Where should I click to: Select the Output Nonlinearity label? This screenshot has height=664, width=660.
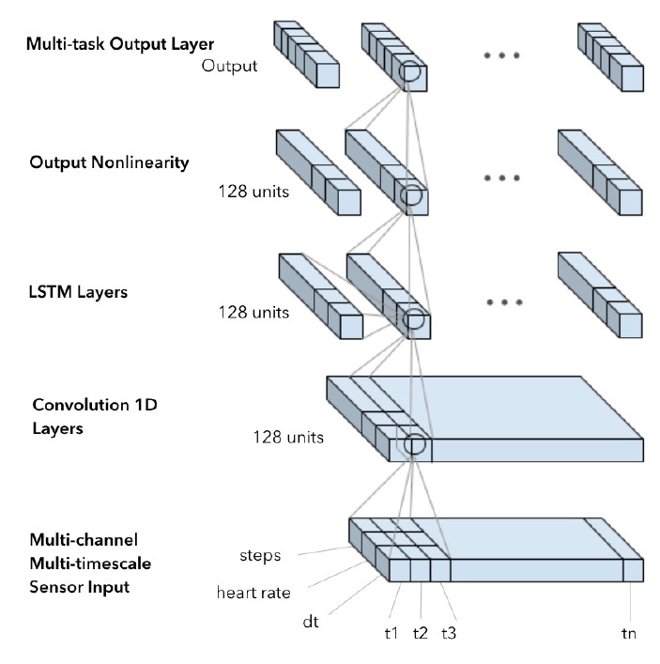[x=109, y=162]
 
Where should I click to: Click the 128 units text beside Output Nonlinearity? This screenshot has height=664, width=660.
[x=252, y=192]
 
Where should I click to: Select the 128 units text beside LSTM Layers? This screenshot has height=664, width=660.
[x=252, y=311]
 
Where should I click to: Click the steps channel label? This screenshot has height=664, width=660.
[x=260, y=555]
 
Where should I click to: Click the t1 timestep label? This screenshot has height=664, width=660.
[x=391, y=632]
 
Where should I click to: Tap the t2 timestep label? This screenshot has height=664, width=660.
[x=420, y=632]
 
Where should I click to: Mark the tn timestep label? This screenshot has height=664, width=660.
[x=628, y=632]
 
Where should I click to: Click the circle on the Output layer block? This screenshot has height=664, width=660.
[x=409, y=72]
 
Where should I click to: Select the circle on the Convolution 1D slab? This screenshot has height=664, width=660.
[x=414, y=446]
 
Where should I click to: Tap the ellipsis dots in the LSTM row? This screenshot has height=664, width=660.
[x=504, y=302]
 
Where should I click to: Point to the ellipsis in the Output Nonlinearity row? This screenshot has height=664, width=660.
[x=504, y=178]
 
